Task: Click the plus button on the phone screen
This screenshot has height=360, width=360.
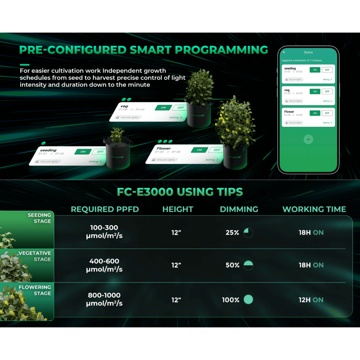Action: pyautogui.click(x=308, y=139)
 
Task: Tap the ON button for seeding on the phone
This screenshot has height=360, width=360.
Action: pyautogui.click(x=315, y=70)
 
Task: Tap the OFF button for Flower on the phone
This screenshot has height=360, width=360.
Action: pyautogui.click(x=327, y=113)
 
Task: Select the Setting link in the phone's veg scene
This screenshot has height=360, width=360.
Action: pyautogui.click(x=327, y=101)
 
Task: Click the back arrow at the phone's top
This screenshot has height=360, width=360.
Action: pyautogui.click(x=284, y=52)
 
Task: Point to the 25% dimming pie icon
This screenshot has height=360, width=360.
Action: pyautogui.click(x=248, y=232)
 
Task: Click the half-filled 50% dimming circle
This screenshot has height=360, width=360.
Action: pyautogui.click(x=248, y=265)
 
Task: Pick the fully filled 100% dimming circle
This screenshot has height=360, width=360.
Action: pyautogui.click(x=248, y=299)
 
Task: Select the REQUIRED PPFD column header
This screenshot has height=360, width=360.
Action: pyautogui.click(x=105, y=209)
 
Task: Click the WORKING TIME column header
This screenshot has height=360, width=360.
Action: pyautogui.click(x=314, y=209)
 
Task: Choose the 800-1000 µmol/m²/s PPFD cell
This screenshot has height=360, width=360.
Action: pyautogui.click(x=104, y=299)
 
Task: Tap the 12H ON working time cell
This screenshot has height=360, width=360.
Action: pyautogui.click(x=311, y=300)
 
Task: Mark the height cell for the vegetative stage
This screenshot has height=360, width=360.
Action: pyautogui.click(x=176, y=265)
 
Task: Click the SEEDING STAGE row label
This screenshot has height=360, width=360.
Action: pyautogui.click(x=39, y=218)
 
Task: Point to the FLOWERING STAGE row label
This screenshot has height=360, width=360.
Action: pyautogui.click(x=35, y=290)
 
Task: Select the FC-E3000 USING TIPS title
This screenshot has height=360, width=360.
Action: pyautogui.click(x=180, y=192)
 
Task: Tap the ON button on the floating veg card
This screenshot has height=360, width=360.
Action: pyautogui.click(x=163, y=108)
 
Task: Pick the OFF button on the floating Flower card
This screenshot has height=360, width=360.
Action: pyautogui.click(x=217, y=150)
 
